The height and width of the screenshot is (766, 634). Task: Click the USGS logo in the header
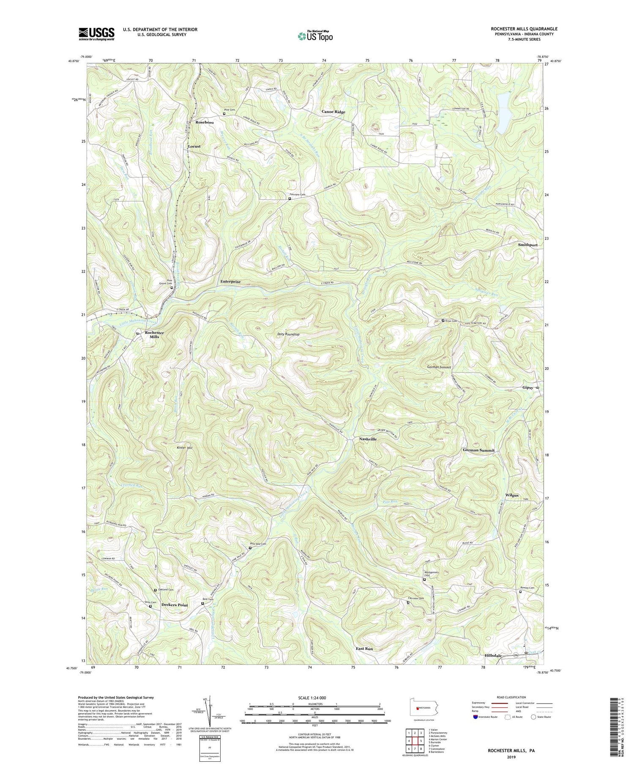click(96, 34)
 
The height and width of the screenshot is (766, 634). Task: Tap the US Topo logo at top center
click(314, 35)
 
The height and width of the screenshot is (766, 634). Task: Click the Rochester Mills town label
click(154, 335)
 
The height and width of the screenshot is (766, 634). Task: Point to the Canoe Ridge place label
click(333, 112)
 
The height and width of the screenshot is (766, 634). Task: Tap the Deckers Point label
click(174, 605)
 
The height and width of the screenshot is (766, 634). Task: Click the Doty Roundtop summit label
click(288, 334)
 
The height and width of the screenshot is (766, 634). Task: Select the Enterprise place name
click(230, 281)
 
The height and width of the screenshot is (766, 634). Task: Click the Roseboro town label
click(205, 122)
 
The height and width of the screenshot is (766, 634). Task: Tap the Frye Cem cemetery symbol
click(443, 321)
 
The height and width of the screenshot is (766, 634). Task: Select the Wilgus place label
click(511, 495)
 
